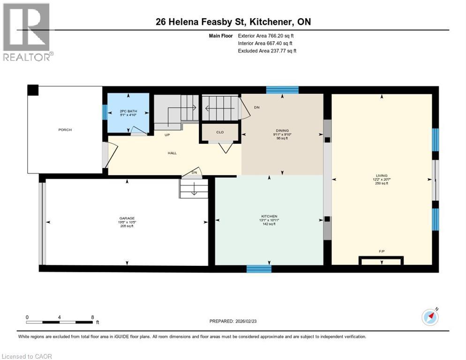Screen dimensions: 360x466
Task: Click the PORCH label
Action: click(65, 130)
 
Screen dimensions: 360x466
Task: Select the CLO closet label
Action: click(220, 132)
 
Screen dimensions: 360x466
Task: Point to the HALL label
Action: click(173, 153)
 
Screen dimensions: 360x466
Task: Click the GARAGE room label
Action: click(127, 218)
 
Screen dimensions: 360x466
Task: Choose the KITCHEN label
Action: click(269, 217)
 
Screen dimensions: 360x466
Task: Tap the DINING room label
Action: click(282, 131)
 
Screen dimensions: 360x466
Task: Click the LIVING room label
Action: click(382, 176)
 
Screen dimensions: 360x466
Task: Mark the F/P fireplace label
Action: click(382, 252)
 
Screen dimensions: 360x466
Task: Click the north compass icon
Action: click(430, 317)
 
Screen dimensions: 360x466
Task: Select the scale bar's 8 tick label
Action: click(92, 317)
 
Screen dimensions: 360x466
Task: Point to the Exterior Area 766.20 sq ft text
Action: click(266, 36)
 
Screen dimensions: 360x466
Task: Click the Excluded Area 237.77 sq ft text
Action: click(267, 51)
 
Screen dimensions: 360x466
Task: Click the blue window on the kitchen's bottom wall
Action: click(259, 269)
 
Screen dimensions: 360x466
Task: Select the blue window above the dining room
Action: click(282, 90)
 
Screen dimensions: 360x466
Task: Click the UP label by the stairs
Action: click(167, 135)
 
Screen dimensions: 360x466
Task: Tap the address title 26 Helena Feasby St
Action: click(233, 22)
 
